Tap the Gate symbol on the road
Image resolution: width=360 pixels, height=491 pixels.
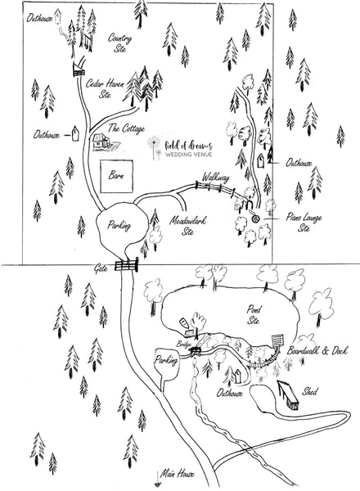tap(127, 266)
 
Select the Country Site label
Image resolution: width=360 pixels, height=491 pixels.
tap(120, 43)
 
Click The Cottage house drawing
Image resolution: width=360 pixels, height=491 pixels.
tap(102, 142)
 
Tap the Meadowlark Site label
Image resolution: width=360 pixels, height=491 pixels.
tap(188, 226)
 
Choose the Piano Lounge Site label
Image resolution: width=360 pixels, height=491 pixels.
tap(304, 223)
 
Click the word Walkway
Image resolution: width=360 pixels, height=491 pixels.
tap(215, 178)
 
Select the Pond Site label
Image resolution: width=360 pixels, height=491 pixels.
tap(254, 315)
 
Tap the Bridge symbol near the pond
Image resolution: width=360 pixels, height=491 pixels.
tap(196, 351)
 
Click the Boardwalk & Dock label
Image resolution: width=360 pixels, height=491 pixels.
tap(317, 351)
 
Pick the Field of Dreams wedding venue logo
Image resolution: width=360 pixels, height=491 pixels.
tap(181, 148)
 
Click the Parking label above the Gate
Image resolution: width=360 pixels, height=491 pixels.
tap(119, 226)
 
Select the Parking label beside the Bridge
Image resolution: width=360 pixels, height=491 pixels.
tap(166, 361)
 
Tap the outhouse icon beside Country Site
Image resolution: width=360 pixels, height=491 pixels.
tap(57, 16)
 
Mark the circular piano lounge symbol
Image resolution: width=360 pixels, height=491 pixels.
tap(256, 218)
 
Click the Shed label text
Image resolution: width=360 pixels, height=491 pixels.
tap(309, 391)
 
